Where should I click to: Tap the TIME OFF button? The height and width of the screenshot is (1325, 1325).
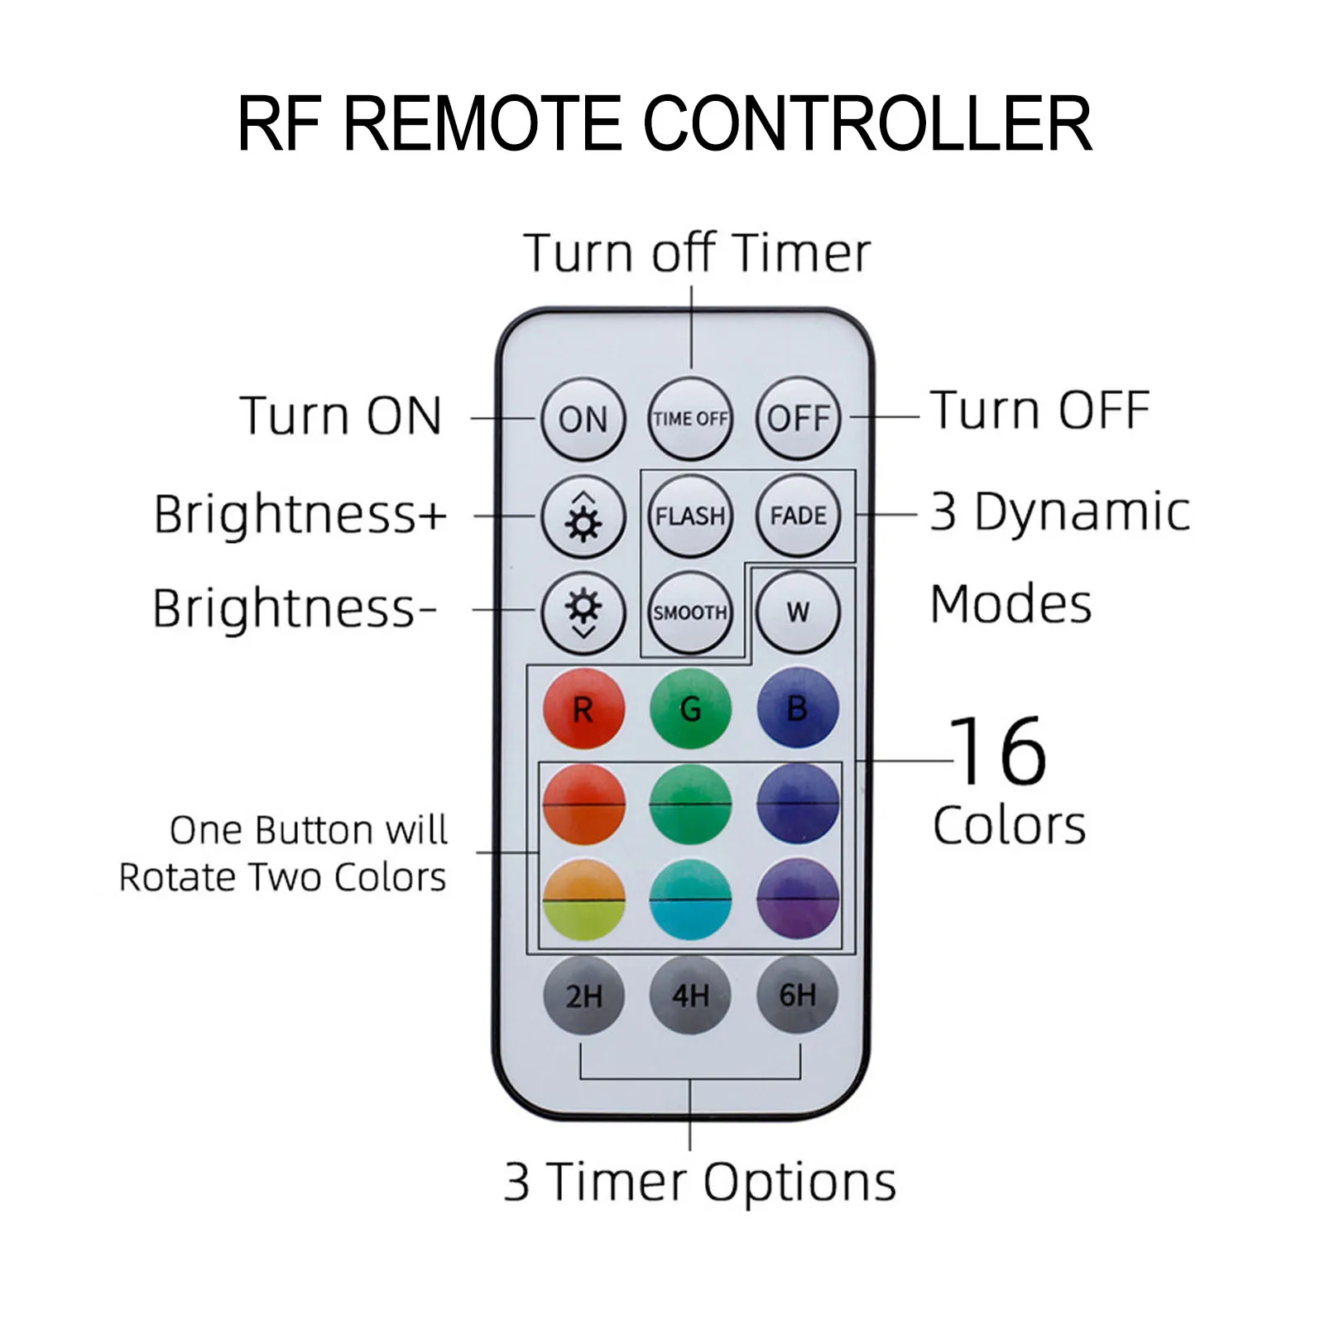690,419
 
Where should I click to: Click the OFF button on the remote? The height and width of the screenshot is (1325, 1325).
798,419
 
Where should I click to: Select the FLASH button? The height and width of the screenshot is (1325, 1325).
690,516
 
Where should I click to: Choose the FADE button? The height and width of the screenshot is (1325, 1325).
798,516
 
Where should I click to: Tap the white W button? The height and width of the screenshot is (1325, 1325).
798,612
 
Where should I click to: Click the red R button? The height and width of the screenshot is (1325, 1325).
583,709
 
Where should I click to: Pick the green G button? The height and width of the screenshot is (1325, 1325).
690,709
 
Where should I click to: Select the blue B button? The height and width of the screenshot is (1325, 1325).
798,709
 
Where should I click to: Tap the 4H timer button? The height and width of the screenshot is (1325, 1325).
690,996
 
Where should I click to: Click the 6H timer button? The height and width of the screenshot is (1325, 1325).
798,996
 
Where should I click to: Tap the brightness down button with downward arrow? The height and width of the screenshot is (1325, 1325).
583,612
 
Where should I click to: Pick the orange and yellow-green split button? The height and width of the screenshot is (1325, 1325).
583,900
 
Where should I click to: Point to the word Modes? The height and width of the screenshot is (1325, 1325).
1011,604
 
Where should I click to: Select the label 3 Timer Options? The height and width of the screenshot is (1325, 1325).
700,1182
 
